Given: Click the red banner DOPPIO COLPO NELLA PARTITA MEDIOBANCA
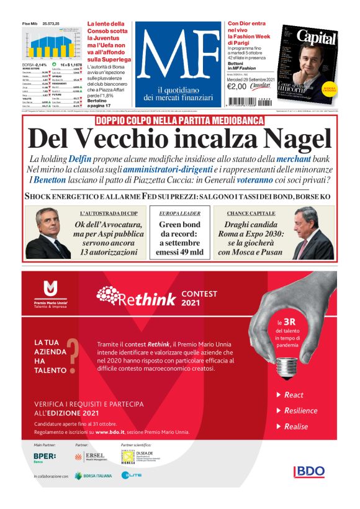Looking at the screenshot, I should point(179,120).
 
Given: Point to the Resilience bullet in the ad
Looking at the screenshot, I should point(300,410).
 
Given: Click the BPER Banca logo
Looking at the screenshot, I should point(46,457).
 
